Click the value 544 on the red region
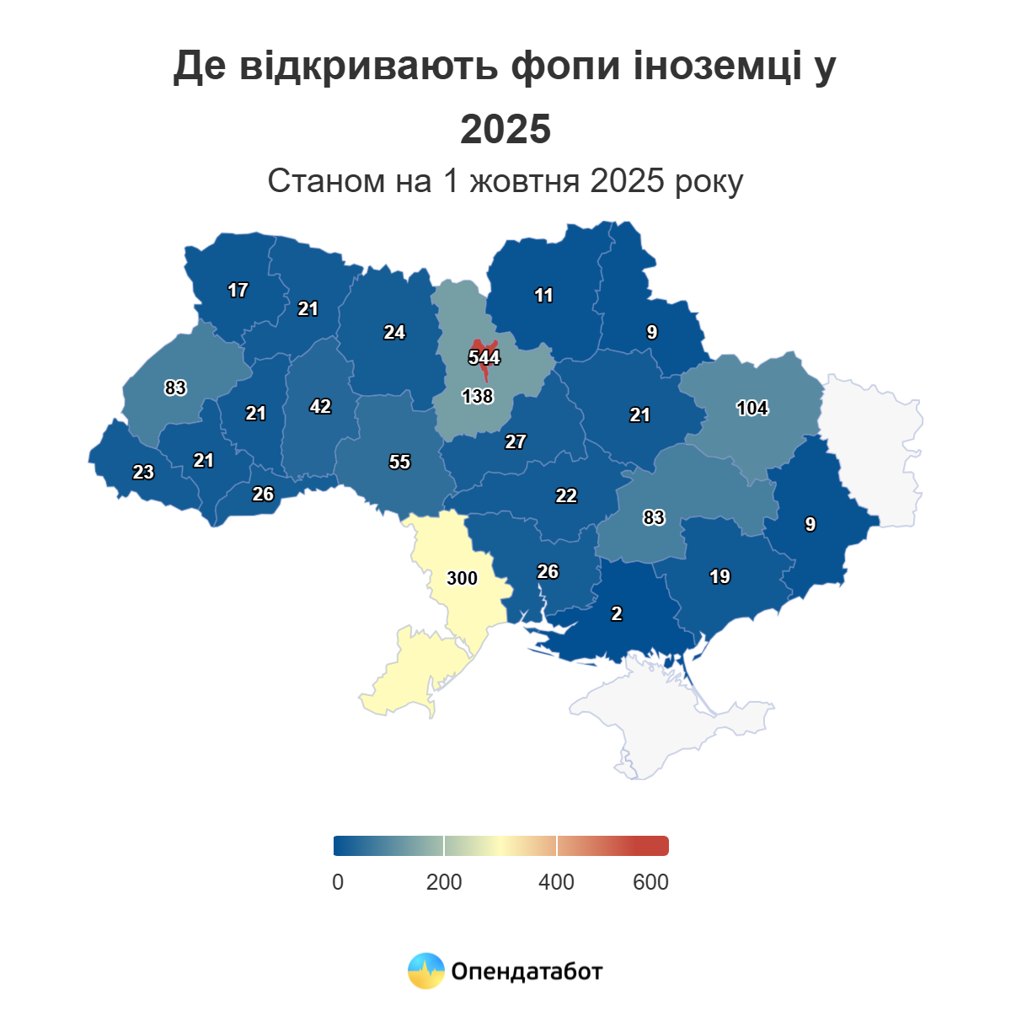click(x=484, y=357)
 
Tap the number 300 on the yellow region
click(x=462, y=578)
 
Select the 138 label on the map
click(x=478, y=396)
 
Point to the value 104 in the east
click(x=752, y=409)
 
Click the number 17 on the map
click(x=238, y=290)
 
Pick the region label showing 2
click(x=617, y=614)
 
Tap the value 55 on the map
click(x=399, y=462)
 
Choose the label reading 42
click(x=320, y=406)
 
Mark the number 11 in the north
click(x=543, y=295)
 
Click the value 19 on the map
click(x=719, y=577)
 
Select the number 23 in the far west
click(x=143, y=472)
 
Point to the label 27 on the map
click(x=516, y=441)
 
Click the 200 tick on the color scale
click(x=444, y=882)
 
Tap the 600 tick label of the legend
click(x=650, y=882)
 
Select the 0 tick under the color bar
click(x=338, y=882)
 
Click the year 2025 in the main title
click(x=505, y=129)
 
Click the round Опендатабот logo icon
click(x=425, y=971)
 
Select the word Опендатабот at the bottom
click(x=527, y=971)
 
